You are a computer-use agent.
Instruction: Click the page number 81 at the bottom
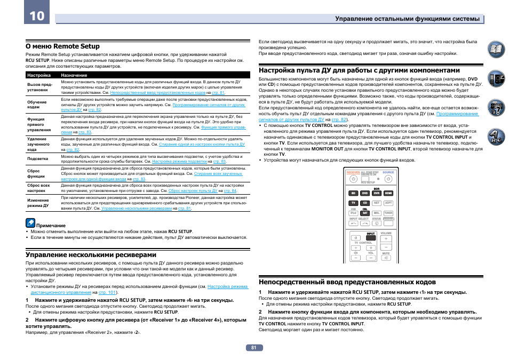[254, 348]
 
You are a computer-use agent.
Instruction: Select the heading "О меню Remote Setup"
[62, 46]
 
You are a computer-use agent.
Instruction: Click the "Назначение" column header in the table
[74, 75]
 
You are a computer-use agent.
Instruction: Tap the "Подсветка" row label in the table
[38, 158]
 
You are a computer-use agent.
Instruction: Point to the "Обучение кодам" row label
[37, 105]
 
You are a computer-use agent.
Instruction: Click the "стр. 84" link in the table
[230, 190]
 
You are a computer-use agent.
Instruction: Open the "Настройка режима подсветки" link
[179, 161]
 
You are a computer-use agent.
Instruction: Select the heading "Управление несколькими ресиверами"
[91, 255]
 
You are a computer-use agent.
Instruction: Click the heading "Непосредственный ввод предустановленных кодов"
[347, 282]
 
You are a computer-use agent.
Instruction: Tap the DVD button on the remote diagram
[364, 193]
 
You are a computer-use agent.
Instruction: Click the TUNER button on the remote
[388, 212]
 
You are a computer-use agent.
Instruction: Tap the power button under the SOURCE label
[388, 178]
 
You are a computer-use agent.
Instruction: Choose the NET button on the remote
[376, 203]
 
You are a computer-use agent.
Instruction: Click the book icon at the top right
[496, 51]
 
